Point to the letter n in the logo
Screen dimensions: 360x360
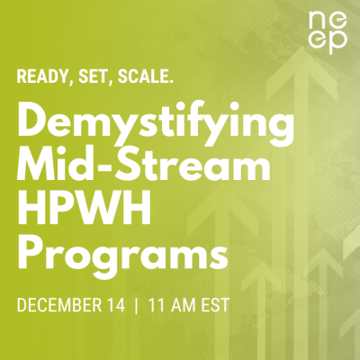pyautogui.click(x=314, y=20)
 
